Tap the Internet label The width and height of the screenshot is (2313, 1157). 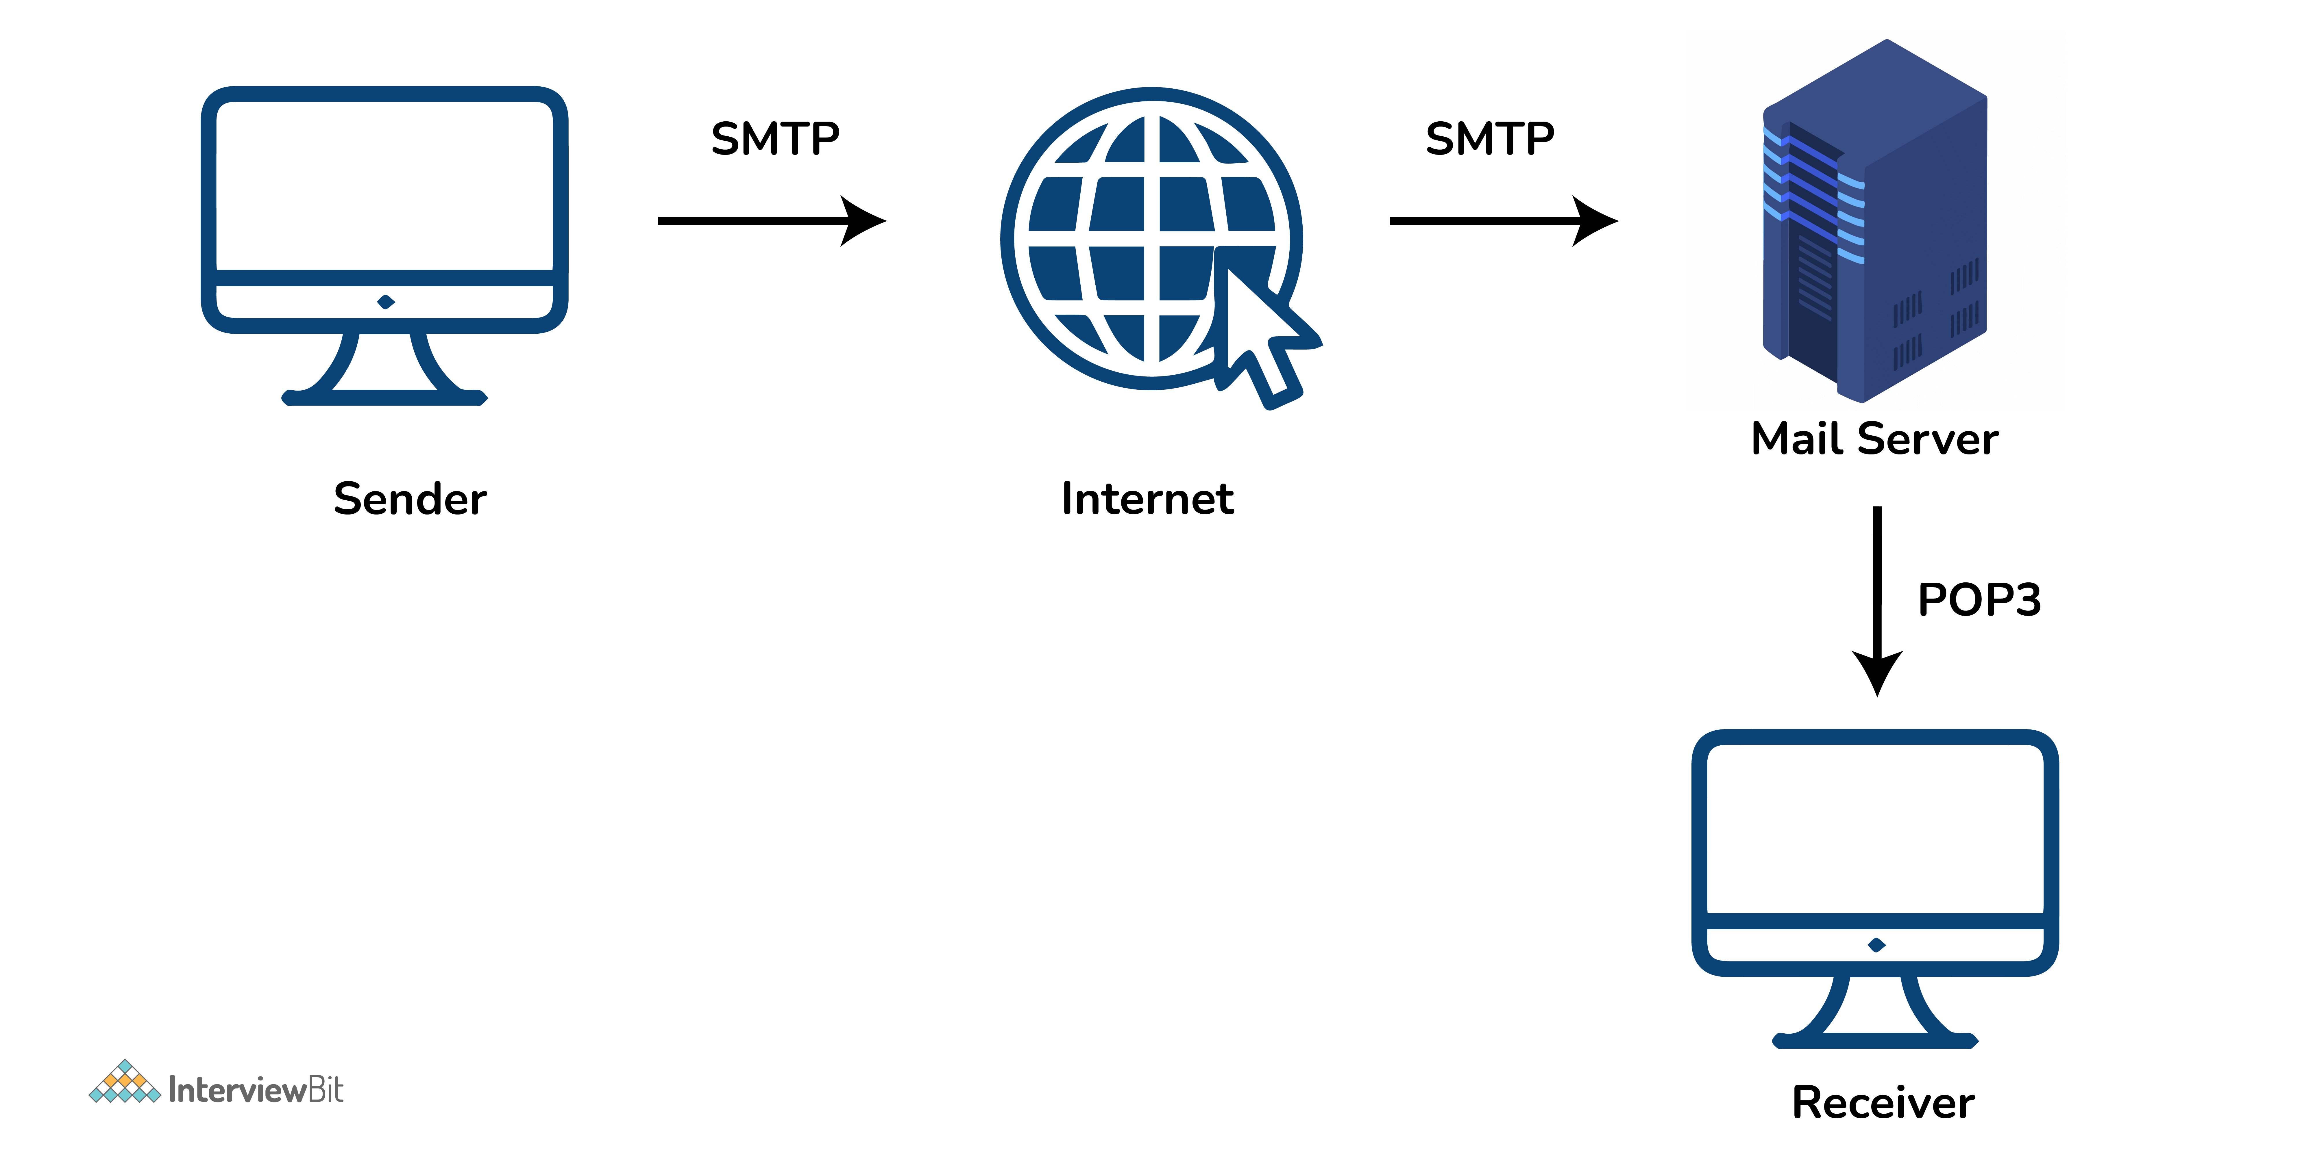(x=1147, y=499)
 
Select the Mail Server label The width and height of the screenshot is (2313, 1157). (x=1875, y=439)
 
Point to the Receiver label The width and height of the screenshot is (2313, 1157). (x=1883, y=1102)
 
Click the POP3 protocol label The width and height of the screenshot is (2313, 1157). (x=1979, y=600)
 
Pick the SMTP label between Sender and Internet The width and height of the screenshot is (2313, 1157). (x=775, y=139)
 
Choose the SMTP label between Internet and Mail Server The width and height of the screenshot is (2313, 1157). (x=1490, y=139)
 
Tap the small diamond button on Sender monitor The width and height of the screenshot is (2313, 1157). (x=386, y=302)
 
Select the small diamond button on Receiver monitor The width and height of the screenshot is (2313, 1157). (x=1876, y=944)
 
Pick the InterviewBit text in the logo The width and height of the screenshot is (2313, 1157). (x=256, y=1090)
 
